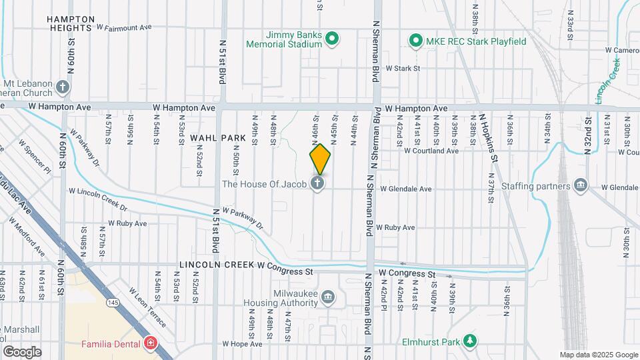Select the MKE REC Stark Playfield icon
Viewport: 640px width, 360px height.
tap(417, 41)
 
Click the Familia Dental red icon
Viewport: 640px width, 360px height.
tap(151, 344)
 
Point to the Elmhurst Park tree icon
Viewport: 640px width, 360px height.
tap(471, 341)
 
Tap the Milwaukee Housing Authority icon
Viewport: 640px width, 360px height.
tap(328, 297)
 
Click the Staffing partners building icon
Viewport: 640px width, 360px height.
tap(580, 185)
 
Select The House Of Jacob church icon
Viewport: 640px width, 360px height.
tap(318, 183)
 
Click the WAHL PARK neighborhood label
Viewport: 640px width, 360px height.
tap(213, 136)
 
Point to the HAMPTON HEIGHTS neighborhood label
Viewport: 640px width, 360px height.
tap(70, 24)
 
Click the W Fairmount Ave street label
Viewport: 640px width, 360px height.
tap(125, 28)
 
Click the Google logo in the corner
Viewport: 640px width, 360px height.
tap(22, 352)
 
